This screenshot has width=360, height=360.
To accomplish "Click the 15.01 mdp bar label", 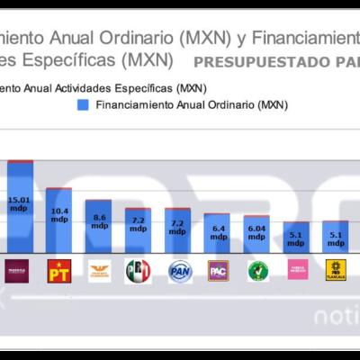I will click(19, 203).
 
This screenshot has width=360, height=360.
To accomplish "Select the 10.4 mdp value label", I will click(58, 214).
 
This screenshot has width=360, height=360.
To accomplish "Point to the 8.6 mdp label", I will click(98, 221).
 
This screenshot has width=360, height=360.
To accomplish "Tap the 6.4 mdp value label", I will click(218, 232).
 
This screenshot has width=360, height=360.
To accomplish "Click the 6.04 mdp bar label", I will click(256, 233).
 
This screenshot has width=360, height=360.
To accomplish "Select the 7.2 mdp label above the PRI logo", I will click(138, 225).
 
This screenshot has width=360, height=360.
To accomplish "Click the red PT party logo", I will click(58, 269).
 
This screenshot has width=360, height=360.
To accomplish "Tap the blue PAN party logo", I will click(179, 269).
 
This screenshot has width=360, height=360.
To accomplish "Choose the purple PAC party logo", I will click(218, 269).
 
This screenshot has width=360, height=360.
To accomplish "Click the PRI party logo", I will click(138, 269).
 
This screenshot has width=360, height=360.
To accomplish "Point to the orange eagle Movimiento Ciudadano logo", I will click(98, 269).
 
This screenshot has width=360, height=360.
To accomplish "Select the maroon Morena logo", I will click(19, 269).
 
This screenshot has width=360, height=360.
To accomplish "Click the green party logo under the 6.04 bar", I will click(257, 269).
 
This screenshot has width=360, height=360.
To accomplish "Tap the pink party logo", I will click(297, 269).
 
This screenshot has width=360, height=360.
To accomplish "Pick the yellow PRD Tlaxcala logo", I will click(336, 269).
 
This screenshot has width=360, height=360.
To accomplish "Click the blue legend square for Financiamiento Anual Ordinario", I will click(83, 105).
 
